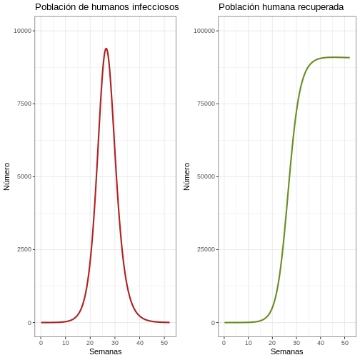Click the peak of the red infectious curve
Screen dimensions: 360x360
(106, 49)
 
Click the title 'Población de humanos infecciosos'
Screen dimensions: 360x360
(107, 7)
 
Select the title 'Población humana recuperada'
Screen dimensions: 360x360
(281, 7)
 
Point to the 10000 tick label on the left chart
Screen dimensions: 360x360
(23, 31)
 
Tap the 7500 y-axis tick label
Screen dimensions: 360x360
(24, 104)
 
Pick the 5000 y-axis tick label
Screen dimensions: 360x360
(24, 176)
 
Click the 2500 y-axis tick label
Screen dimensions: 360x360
(24, 249)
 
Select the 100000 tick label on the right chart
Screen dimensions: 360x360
(204, 31)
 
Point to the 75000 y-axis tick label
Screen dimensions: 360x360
(206, 104)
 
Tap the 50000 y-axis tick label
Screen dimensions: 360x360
(206, 176)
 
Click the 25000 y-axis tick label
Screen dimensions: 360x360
(206, 249)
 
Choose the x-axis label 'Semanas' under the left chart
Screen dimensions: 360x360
(106, 351)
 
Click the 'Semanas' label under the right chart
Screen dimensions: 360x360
(287, 351)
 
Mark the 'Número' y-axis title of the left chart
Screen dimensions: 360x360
(6, 176)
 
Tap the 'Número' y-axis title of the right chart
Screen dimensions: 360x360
(186, 176)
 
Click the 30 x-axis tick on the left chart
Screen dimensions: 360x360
(115, 343)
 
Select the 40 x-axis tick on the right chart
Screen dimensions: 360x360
(321, 343)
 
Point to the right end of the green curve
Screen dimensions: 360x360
(349, 58)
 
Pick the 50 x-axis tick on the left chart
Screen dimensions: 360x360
(164, 343)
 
